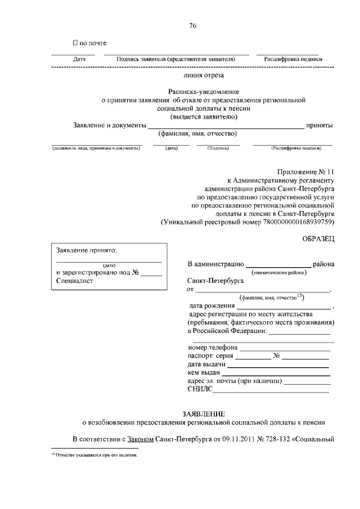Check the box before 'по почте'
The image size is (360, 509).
click(x=75, y=43)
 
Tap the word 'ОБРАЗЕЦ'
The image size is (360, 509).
click(x=318, y=239)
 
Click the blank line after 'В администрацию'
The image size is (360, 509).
click(x=278, y=263)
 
